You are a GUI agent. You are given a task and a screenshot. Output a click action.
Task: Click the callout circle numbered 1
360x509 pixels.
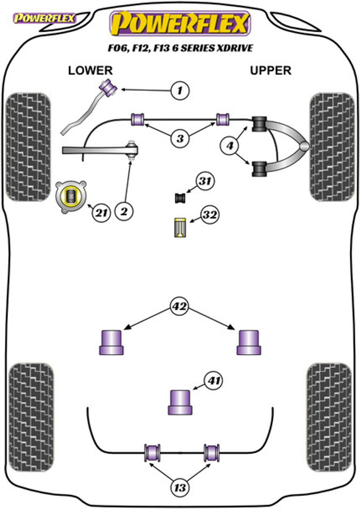[x=180, y=91]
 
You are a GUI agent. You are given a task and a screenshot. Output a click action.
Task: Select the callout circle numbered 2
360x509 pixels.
[x=124, y=211]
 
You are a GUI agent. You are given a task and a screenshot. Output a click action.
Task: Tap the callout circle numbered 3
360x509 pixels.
[x=180, y=138]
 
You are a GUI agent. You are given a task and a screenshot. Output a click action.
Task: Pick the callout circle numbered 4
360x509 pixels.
[x=230, y=146]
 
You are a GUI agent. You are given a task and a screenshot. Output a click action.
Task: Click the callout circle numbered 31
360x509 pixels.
[x=205, y=181]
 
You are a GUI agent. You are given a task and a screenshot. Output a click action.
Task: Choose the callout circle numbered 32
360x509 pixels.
[x=209, y=215]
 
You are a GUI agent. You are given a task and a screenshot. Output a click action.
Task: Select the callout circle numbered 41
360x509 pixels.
[x=214, y=381]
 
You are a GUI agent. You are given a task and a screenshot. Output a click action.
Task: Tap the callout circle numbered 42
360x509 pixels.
[x=179, y=307]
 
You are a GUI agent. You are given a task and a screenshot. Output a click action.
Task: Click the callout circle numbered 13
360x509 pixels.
[x=180, y=488]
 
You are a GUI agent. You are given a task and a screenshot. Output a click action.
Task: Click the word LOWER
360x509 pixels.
[x=90, y=71]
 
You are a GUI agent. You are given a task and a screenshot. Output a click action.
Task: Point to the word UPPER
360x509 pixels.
[x=271, y=71]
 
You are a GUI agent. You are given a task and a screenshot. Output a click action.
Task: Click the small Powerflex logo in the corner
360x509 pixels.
[x=44, y=18]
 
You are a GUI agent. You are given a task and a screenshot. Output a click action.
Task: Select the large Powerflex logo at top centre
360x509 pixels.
[x=180, y=24]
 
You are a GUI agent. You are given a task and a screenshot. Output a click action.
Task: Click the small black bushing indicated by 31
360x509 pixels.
[x=180, y=198]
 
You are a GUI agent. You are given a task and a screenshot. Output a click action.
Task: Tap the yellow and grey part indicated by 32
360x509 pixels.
[x=180, y=228]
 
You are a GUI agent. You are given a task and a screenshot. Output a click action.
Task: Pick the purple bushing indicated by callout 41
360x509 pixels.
[x=180, y=403]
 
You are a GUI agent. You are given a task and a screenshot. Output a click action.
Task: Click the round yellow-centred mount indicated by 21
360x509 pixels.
[x=71, y=197]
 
